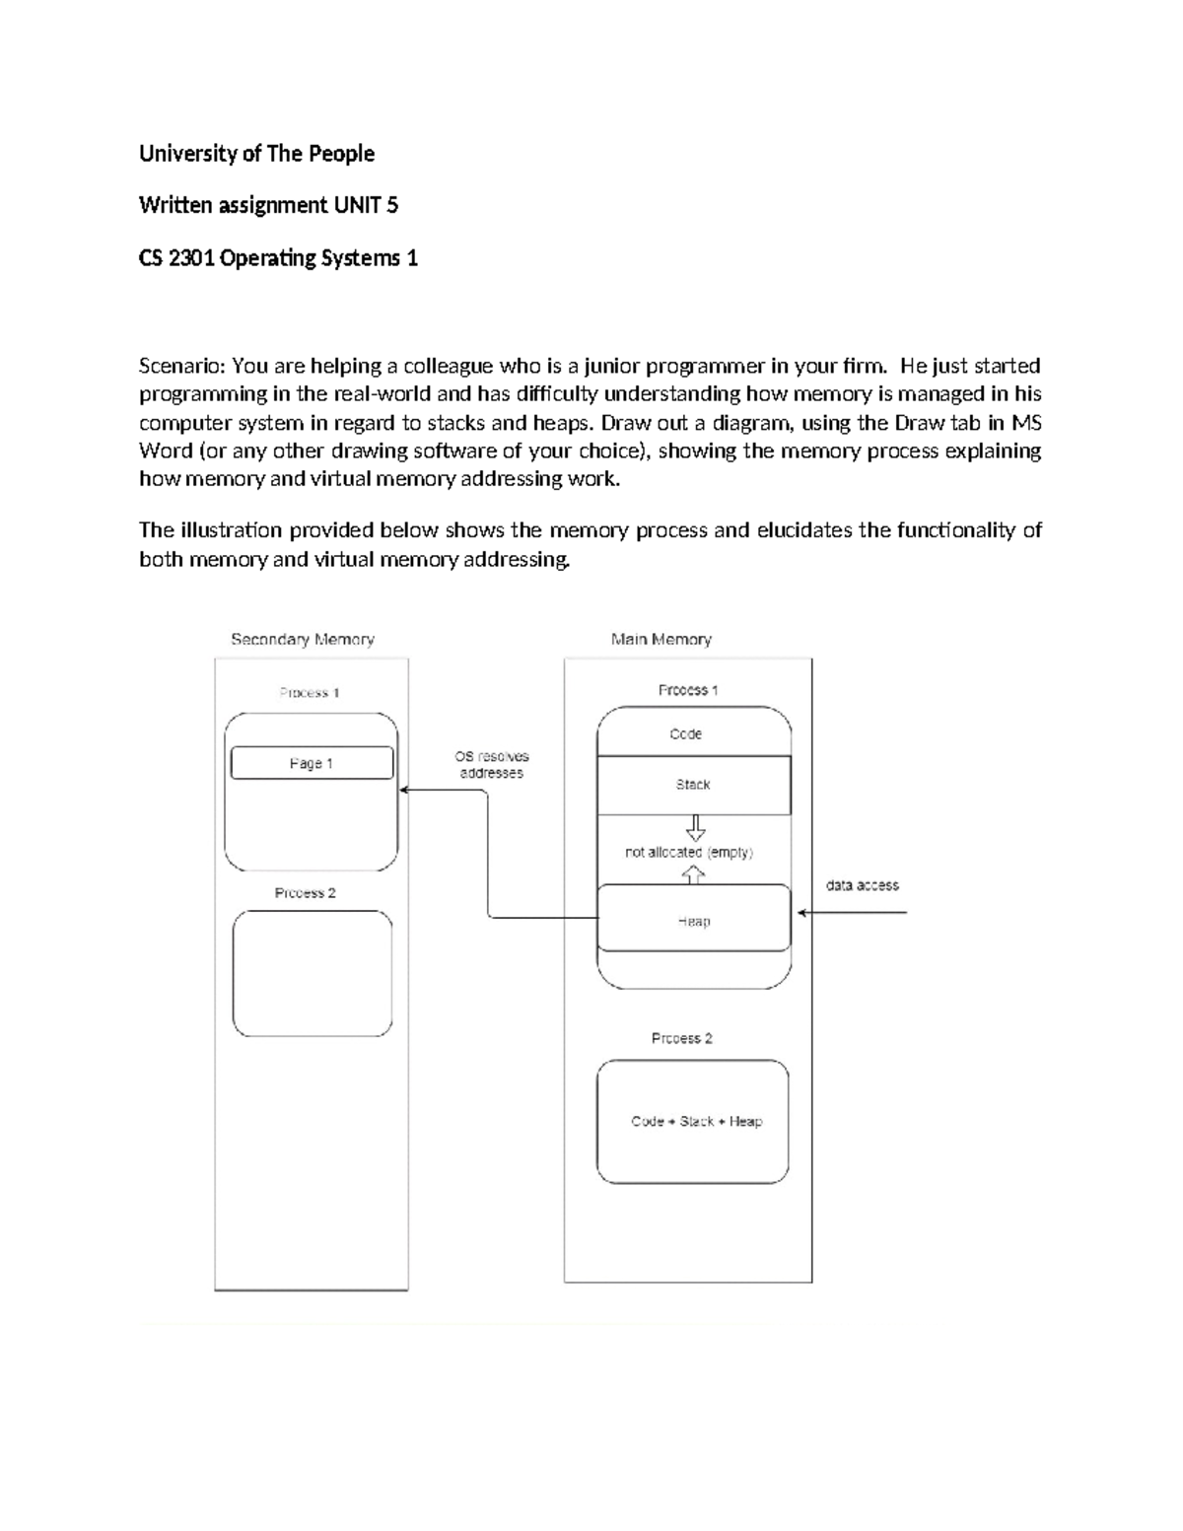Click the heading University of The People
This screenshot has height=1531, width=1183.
pos(256,154)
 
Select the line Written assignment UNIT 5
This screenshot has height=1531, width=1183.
pos(268,205)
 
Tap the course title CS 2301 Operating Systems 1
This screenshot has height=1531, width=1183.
pos(278,258)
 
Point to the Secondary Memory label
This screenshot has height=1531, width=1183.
pos(303,640)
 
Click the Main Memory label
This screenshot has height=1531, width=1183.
pos(661,640)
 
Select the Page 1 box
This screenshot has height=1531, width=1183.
pos(312,763)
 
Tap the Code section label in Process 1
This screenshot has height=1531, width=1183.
pos(686,734)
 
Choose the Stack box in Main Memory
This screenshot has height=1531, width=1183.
pos(694,785)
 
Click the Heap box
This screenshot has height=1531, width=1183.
pos(694,921)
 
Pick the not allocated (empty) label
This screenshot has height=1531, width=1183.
pos(688,853)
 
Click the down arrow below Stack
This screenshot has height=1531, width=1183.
pos(696,827)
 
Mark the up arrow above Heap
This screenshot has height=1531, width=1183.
pos(694,874)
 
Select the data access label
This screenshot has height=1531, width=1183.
pos(862,885)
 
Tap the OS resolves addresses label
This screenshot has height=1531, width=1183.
pos(491,765)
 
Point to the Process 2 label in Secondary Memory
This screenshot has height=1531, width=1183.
pos(305,893)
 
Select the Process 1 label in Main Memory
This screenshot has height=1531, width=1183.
pos(688,690)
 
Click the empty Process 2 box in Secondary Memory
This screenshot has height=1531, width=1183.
pos(312,974)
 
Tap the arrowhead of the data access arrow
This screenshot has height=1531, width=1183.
pos(801,913)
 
